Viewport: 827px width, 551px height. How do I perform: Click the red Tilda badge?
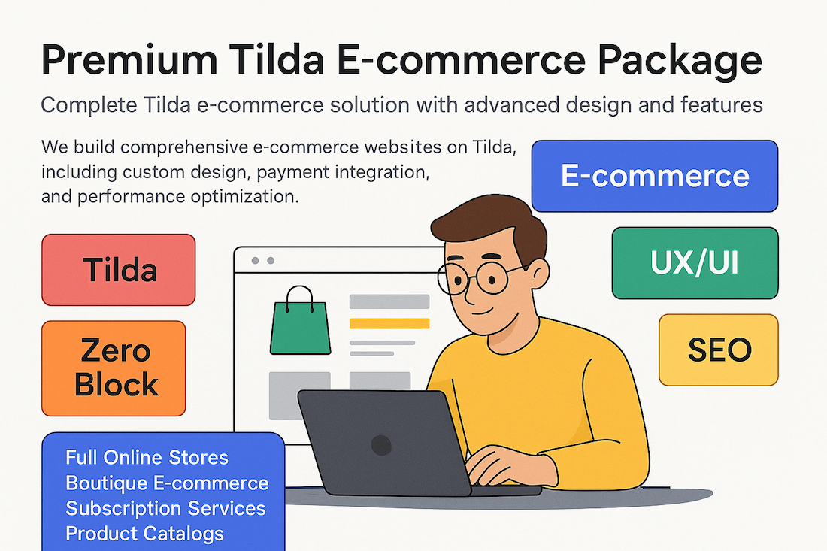(x=119, y=270)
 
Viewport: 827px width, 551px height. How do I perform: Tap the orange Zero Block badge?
(x=114, y=368)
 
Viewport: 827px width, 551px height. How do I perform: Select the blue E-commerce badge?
(x=655, y=176)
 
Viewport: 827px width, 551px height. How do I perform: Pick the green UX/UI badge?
(x=695, y=263)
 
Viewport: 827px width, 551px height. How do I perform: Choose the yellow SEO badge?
(x=719, y=350)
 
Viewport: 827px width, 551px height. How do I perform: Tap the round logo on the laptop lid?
(x=381, y=445)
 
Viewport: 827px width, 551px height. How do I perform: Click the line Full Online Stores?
(x=147, y=458)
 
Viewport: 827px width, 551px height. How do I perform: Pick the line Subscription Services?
(x=165, y=509)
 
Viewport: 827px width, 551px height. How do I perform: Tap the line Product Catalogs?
(x=144, y=534)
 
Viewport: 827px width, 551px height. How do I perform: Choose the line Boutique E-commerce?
(x=167, y=483)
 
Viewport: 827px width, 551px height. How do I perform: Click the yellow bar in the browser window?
(x=389, y=324)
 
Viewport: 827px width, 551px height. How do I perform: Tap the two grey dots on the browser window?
(x=262, y=261)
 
